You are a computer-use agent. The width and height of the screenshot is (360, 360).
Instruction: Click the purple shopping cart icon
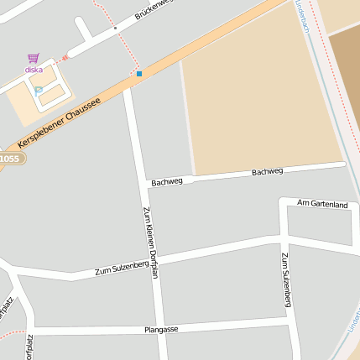coord(34,58)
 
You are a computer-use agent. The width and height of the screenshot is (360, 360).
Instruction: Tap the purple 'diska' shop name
coord(34,70)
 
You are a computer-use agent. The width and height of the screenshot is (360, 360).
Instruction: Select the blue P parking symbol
coord(38,90)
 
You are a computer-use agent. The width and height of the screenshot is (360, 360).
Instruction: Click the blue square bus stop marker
coord(139,74)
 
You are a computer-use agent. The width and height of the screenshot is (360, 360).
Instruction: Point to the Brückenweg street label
coord(152,11)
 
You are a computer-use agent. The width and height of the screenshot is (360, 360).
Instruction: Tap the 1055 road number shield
coord(8,159)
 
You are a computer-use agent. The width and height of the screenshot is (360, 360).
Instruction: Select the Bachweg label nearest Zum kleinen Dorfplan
coord(167,181)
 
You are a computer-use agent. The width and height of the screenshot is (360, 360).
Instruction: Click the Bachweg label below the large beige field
coord(268,171)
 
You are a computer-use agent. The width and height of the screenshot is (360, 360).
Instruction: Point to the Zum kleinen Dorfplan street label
coord(149,243)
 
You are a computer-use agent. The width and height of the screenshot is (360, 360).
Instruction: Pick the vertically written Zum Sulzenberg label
coord(286,279)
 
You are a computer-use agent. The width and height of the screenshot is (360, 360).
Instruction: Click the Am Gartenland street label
coord(322,204)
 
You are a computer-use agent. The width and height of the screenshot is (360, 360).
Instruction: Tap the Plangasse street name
coord(161,330)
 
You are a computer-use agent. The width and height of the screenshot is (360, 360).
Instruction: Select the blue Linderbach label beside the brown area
coord(303,17)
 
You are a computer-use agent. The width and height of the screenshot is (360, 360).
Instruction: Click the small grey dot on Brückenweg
coord(115,28)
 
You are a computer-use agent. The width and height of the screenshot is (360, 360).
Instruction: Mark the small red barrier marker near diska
coord(65,58)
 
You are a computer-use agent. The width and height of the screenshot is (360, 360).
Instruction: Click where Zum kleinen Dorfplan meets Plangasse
coord(157,328)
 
